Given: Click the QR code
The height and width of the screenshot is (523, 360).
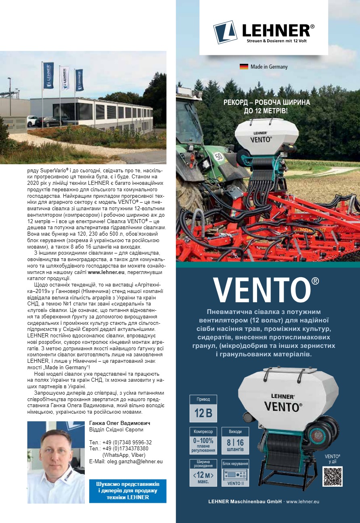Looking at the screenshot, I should pos(332,476).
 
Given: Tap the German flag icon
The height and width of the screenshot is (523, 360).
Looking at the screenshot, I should pos(244,67).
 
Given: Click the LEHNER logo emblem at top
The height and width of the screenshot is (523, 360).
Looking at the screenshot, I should pos(225,32).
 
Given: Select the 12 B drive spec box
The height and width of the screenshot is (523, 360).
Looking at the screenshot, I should pos(203,409).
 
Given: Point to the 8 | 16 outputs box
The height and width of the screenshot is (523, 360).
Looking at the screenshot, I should pos(235,441).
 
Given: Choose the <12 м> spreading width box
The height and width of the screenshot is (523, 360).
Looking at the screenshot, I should pos(203,473).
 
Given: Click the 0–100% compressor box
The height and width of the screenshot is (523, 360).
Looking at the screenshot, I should pos(203,441).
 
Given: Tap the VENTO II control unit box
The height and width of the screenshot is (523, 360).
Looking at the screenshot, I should pos(235,473).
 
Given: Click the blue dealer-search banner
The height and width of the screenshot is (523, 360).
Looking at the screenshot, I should pos(128,490).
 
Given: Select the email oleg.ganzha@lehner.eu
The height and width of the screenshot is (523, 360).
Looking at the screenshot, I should pos(126,461).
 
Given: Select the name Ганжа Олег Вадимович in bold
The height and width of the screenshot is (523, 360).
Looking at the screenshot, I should pos(119,423).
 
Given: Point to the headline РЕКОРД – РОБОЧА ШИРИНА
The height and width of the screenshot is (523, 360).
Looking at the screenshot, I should pos(267,103).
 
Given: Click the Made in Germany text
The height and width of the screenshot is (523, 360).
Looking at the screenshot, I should pos(269,67).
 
